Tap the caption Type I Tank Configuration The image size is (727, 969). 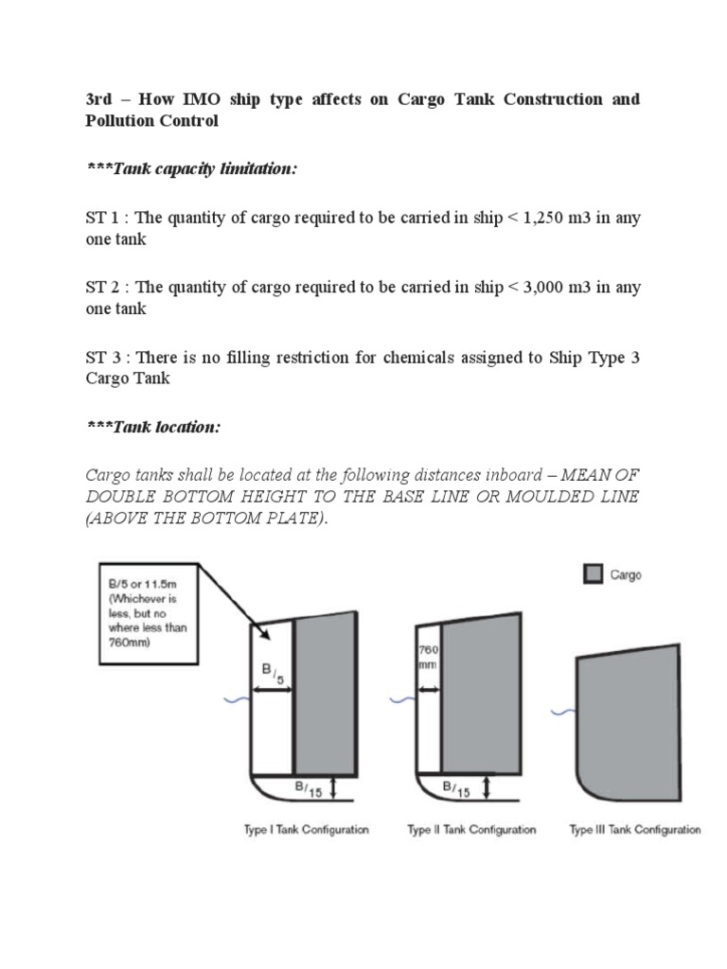[x=306, y=830]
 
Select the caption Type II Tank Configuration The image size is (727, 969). [x=471, y=830]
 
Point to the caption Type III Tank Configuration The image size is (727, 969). [x=635, y=830]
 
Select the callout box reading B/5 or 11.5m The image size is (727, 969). [x=148, y=613]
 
